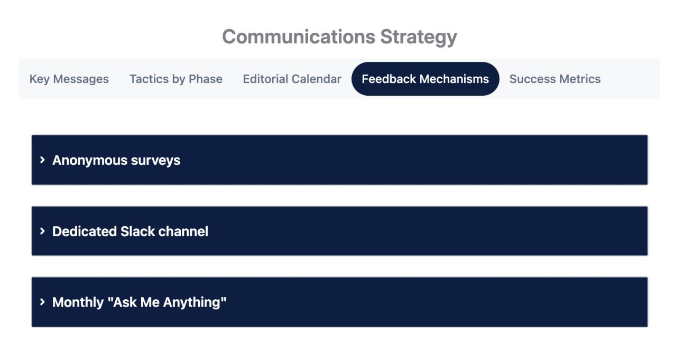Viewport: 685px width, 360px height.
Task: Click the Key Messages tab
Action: point(69,79)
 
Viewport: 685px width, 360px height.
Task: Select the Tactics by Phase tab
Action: point(175,79)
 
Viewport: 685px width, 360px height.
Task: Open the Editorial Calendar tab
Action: point(292,79)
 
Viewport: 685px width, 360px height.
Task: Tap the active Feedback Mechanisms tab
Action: point(425,79)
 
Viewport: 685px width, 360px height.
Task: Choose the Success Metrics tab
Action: point(554,79)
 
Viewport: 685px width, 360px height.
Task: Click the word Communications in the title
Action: point(298,37)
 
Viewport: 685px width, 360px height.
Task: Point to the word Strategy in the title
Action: point(418,37)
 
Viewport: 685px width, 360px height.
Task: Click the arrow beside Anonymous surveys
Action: point(42,160)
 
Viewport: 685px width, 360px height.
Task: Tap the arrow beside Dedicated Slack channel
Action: point(42,231)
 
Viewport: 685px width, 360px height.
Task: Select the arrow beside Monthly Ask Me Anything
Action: point(42,302)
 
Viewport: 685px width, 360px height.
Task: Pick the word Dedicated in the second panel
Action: point(84,232)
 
